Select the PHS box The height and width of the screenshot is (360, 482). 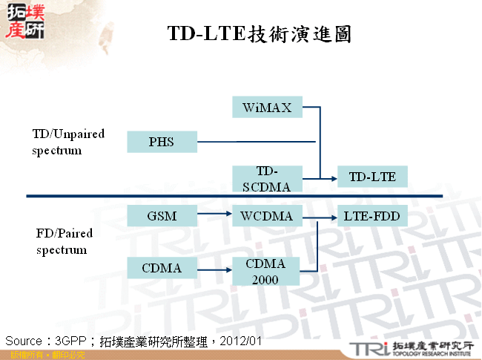tap(162, 142)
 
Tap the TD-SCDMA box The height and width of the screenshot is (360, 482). tap(267, 179)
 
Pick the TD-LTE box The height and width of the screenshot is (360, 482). tap(372, 177)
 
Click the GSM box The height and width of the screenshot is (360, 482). tap(162, 216)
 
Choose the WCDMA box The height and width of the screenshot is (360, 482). tap(267, 216)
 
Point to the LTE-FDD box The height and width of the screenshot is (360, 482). tap(372, 216)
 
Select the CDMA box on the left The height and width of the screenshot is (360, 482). tap(162, 268)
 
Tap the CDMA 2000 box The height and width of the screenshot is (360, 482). tap(265, 272)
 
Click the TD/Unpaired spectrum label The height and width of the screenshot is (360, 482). tap(68, 142)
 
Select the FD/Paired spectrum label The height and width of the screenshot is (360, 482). tap(66, 241)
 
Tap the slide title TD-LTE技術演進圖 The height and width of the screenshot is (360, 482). tap(259, 34)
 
